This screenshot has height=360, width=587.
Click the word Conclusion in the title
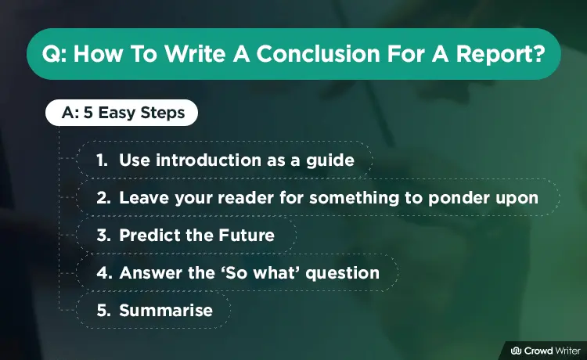pos(319,54)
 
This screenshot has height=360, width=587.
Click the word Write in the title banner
pos(195,54)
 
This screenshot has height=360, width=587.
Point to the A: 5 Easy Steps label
pos(123,113)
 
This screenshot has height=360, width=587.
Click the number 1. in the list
pos(102,160)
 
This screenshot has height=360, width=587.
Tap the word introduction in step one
pos(208,160)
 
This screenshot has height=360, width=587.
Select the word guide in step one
pos(330,161)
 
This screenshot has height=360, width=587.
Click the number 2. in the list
pos(103,198)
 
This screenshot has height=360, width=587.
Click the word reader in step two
pos(246,198)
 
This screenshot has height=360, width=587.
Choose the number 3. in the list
pos(103,236)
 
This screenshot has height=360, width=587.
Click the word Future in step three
pos(247,236)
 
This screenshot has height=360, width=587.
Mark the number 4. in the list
pos(104,273)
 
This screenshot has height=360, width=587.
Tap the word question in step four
pos(343,274)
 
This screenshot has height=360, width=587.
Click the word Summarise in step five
pos(166,311)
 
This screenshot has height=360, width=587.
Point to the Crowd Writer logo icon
pos(517,351)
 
